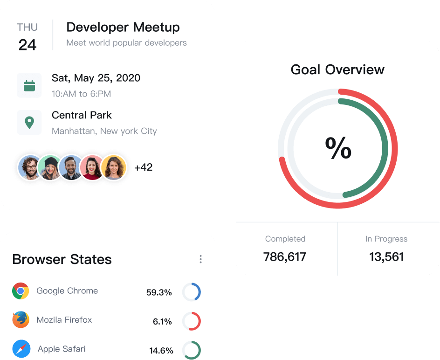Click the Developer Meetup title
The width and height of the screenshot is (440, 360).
pos(123,27)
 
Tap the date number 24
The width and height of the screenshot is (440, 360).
pos(27,45)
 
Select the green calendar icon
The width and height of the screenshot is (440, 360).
pos(29,85)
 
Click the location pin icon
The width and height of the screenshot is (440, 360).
pos(29,123)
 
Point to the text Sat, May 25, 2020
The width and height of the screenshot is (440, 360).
pos(96,78)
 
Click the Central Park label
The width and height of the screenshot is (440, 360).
pos(82,115)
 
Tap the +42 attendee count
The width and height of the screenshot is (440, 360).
pos(143,167)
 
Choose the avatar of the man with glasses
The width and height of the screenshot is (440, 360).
pos(29,167)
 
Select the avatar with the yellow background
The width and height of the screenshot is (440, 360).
pos(114,167)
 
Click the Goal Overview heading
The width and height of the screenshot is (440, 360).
pos(337,70)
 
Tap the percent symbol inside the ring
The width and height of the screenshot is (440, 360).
pos(338,148)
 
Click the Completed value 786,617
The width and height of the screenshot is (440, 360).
pos(285,257)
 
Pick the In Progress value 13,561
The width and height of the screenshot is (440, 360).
pos(386,257)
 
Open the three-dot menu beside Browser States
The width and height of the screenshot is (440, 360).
pos(200,259)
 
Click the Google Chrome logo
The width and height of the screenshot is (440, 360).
pos(21,291)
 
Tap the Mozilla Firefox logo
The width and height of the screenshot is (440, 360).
pos(21,320)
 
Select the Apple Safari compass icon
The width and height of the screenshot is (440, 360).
pos(21,349)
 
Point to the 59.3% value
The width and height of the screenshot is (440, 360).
pos(159,293)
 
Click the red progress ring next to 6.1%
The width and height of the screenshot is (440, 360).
pos(192,321)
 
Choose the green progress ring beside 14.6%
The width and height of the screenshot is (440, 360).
pos(192,350)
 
